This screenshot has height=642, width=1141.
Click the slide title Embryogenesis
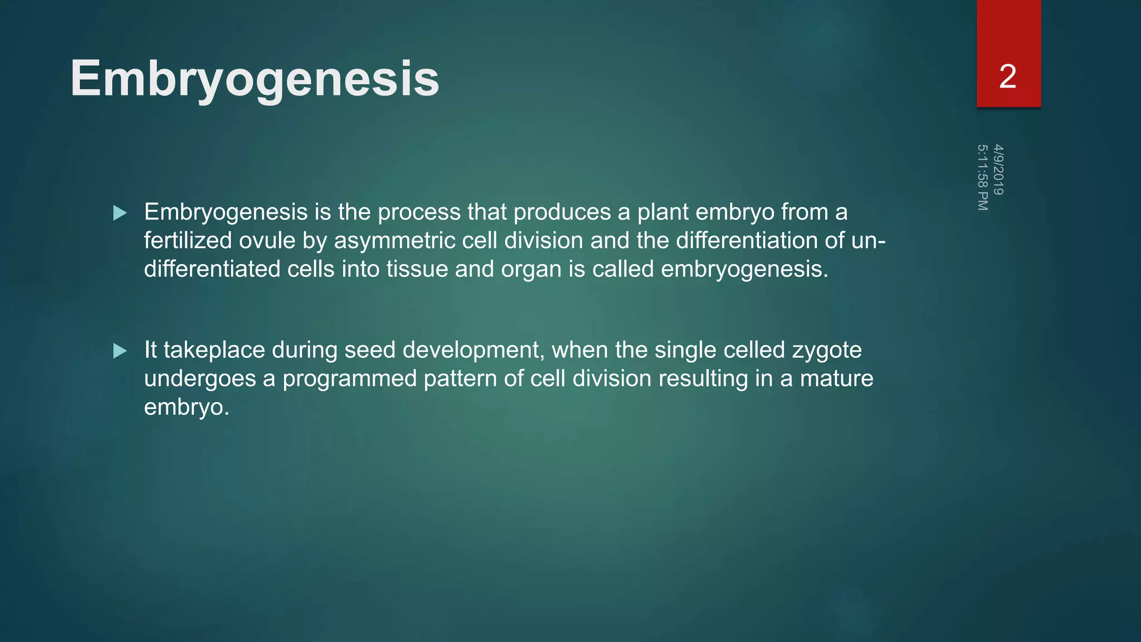tap(255, 79)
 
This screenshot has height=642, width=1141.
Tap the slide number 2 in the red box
tap(1007, 77)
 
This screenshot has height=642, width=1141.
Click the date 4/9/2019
tap(998, 169)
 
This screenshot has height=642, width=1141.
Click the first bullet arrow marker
tap(120, 213)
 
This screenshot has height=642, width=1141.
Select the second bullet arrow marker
tap(120, 351)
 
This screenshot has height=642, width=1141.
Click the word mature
tap(836, 379)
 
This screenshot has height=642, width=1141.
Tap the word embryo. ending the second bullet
tap(187, 407)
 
